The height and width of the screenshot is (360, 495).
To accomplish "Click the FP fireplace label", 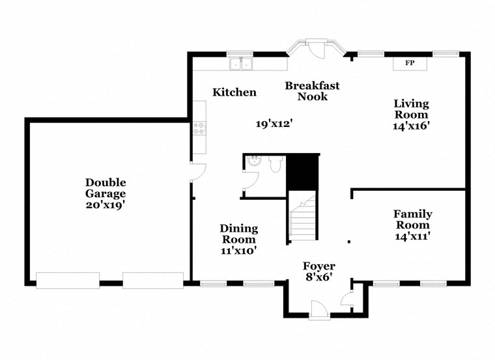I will pyautogui.click(x=410, y=63).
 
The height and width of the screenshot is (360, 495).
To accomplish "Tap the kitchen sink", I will pyautogui.click(x=242, y=64).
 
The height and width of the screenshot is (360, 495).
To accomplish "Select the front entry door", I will pyautogui.click(x=319, y=309).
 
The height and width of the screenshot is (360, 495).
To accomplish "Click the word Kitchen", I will pyautogui.click(x=234, y=92).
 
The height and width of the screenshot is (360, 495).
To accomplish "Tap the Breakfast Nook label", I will pyautogui.click(x=312, y=91).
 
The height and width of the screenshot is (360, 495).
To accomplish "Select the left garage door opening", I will pyautogui.click(x=68, y=280).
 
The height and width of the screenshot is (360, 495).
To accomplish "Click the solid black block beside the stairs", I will pyautogui.click(x=304, y=171).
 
